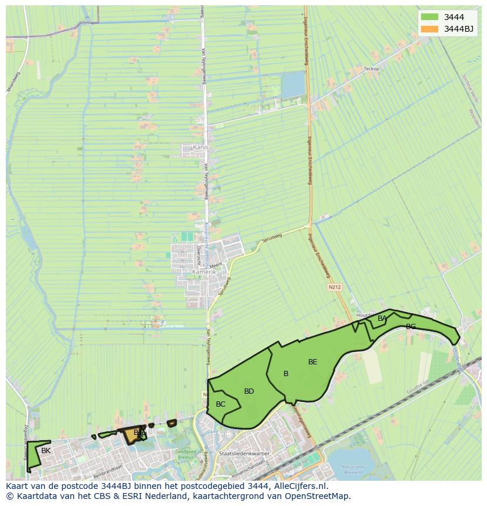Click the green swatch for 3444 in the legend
[429, 17]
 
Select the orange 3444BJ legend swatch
[429, 29]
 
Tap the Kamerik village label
[204, 272]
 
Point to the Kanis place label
[201, 148]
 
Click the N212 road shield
[334, 287]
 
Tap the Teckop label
[372, 69]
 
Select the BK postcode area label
[46, 451]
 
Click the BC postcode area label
[221, 404]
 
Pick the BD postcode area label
[249, 391]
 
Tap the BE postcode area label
[312, 362]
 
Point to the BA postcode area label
[382, 319]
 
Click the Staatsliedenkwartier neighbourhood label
[243, 454]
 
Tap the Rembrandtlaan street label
[108, 468]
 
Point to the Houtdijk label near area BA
[363, 316]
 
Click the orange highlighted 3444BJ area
[131, 435]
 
